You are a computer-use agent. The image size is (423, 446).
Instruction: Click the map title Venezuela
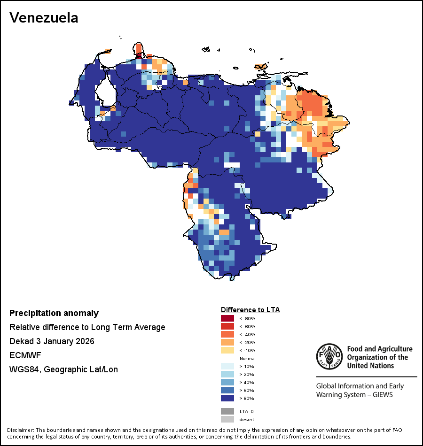pyautogui.click(x=44, y=18)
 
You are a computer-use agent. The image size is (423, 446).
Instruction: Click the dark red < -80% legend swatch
pyautogui.click(x=227, y=319)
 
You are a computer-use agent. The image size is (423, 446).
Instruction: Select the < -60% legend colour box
pyautogui.click(x=227, y=327)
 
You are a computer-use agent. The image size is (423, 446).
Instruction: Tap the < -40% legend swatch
pyautogui.click(x=227, y=335)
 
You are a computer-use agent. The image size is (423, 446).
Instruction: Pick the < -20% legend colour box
pyautogui.click(x=227, y=343)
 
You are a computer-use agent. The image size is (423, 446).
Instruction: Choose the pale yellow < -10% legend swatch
pyautogui.click(x=227, y=351)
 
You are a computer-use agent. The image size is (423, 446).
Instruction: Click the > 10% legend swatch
pyautogui.click(x=227, y=367)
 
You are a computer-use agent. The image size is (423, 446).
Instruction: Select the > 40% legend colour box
pyautogui.click(x=227, y=383)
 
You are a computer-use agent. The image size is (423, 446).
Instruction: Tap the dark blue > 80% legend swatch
pyautogui.click(x=227, y=399)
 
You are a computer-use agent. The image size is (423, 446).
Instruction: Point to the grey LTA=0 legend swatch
pyautogui.click(x=227, y=411)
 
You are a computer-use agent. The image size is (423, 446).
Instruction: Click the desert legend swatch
pyautogui.click(x=227, y=419)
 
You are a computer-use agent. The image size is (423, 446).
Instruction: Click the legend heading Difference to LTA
pyautogui.click(x=250, y=310)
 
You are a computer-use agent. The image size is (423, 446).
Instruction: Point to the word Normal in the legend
pyautogui.click(x=247, y=359)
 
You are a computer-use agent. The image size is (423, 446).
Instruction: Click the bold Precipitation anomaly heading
pyautogui.click(x=54, y=313)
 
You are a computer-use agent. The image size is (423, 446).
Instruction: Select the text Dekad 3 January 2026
pyautogui.click(x=52, y=341)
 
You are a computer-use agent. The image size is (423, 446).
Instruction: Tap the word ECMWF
pyautogui.click(x=24, y=355)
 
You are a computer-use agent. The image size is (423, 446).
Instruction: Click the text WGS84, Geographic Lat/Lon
pyautogui.click(x=63, y=369)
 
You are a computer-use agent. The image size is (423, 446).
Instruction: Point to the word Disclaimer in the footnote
pyautogui.click(x=20, y=430)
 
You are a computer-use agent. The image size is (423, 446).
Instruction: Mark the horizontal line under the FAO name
pyautogui.click(x=366, y=377)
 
